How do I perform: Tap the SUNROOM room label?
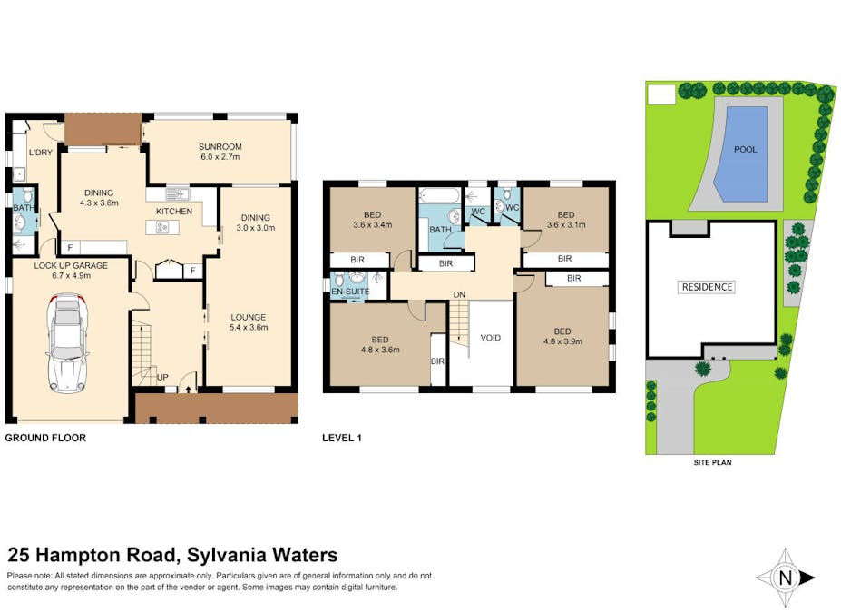coord(220,146)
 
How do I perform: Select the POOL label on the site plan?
coord(745,150)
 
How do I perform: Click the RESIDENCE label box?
coord(707,287)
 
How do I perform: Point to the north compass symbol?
coord(786,577)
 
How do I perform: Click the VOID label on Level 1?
coord(490,338)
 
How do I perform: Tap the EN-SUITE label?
coord(350,292)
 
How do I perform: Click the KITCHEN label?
coord(174,212)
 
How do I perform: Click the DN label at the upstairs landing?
coord(460,294)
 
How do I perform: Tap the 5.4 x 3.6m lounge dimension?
coord(248,328)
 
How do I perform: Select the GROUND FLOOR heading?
coord(46,438)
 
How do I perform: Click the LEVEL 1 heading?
coord(342,438)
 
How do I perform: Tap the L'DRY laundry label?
coord(39,152)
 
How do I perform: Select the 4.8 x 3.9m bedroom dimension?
coord(562,342)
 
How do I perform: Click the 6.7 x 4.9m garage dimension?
coord(63,276)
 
